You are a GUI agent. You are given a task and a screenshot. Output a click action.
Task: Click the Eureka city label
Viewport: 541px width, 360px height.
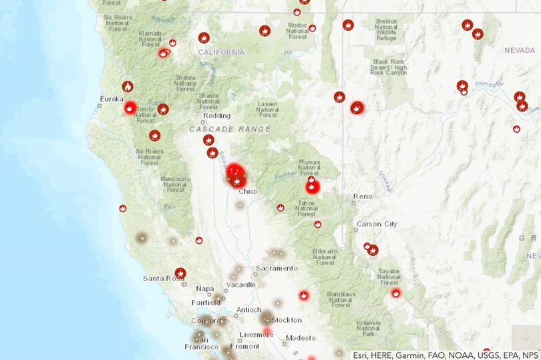point(112,99)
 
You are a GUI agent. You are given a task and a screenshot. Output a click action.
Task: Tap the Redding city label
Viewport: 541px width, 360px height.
point(216,116)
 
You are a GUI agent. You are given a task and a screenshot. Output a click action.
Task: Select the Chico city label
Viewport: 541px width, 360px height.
point(248,191)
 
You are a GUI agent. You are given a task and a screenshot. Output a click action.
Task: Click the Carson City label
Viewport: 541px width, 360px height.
point(377,224)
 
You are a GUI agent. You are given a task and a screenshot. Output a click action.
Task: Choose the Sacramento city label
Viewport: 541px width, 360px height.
point(276,268)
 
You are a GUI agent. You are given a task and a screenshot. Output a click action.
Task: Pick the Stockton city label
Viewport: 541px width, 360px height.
point(287,320)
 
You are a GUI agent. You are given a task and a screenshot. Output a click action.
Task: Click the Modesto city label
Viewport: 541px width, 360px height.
point(301,337)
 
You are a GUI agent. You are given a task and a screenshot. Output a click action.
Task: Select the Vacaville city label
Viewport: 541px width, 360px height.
point(241,285)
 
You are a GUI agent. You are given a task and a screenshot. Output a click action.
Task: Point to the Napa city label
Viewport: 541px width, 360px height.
point(205,289)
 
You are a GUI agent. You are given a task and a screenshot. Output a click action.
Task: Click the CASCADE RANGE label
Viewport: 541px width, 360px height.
point(230,129)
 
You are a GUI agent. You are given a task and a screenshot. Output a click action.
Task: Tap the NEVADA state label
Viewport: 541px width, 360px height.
point(520,50)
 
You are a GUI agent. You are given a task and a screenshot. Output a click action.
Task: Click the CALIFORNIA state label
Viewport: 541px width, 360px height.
point(221,51)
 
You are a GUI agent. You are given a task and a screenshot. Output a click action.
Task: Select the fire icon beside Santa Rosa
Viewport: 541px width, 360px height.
point(180,273)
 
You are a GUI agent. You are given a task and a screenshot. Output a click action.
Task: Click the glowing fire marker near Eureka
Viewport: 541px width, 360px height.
point(130,108)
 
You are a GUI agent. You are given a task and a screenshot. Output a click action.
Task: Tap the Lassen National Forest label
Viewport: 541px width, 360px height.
point(267,109)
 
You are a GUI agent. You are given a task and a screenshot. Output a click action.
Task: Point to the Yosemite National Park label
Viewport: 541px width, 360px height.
point(369,327)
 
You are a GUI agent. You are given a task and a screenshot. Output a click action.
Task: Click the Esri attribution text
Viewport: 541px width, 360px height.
point(445,354)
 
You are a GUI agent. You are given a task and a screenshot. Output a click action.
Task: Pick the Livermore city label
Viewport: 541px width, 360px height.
point(256,335)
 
